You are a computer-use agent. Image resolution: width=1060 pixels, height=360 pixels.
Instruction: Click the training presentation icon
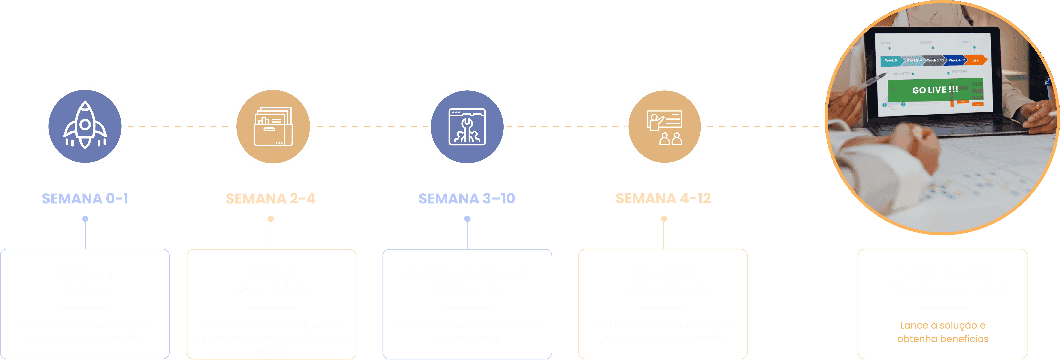[664, 127]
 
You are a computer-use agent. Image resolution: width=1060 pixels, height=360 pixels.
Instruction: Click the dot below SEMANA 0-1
[85, 219]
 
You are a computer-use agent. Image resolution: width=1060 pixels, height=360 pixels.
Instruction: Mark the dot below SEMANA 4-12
[664, 219]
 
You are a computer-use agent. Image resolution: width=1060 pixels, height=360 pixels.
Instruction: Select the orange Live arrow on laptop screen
[976, 60]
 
